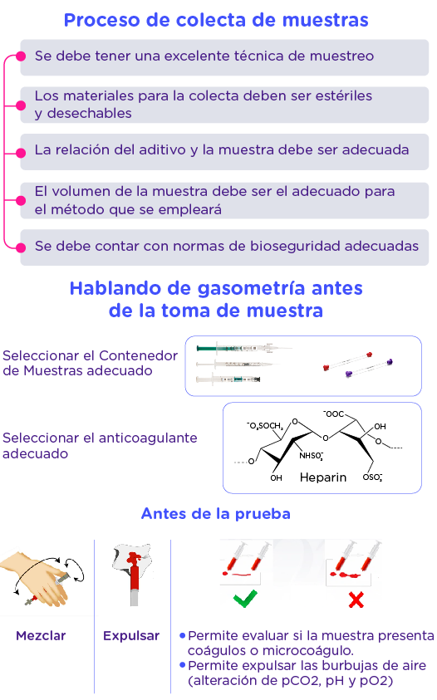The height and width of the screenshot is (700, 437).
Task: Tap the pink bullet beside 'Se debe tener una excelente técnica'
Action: pyautogui.click(x=21, y=56)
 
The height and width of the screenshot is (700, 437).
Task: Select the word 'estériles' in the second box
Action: pyautogui.click(x=344, y=95)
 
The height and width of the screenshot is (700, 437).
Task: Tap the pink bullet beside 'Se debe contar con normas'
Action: pyautogui.click(x=21, y=247)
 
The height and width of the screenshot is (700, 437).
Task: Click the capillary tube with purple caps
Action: pyautogui.click(x=369, y=368)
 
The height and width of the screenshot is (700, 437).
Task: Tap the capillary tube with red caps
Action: pyautogui.click(x=347, y=360)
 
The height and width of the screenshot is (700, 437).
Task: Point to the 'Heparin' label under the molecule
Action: pyautogui.click(x=323, y=477)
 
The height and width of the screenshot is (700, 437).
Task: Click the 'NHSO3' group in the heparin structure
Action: pyautogui.click(x=311, y=456)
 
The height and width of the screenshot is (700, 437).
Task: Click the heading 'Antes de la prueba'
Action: pyautogui.click(x=216, y=514)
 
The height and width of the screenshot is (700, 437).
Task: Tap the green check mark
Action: pyautogui.click(x=245, y=599)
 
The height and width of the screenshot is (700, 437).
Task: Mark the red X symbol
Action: pyautogui.click(x=356, y=600)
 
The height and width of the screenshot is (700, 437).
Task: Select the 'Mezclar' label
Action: pyautogui.click(x=41, y=636)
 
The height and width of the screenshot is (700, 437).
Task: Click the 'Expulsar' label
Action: pyautogui.click(x=131, y=636)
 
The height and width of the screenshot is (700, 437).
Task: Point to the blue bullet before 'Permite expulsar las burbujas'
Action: pyautogui.click(x=182, y=665)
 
